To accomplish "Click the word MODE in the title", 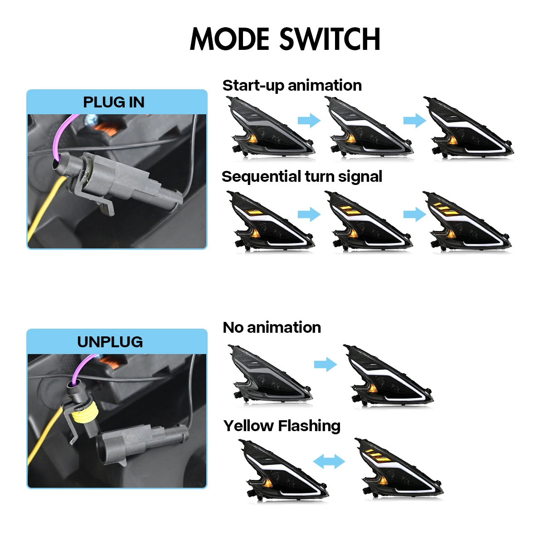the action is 229,39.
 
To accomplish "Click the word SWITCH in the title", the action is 330,39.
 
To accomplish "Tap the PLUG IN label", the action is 114,102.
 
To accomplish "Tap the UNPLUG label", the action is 110,342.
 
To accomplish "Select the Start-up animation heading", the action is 292,85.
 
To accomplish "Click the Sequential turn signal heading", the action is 302,177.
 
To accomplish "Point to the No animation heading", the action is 272,327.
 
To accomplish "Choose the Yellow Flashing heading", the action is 282,426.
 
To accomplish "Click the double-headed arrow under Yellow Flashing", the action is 329,461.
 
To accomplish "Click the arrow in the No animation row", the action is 325,364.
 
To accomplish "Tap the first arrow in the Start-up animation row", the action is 310,121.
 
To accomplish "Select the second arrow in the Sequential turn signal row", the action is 415,214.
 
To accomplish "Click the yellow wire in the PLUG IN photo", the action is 45,206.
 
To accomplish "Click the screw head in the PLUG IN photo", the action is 91,121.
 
